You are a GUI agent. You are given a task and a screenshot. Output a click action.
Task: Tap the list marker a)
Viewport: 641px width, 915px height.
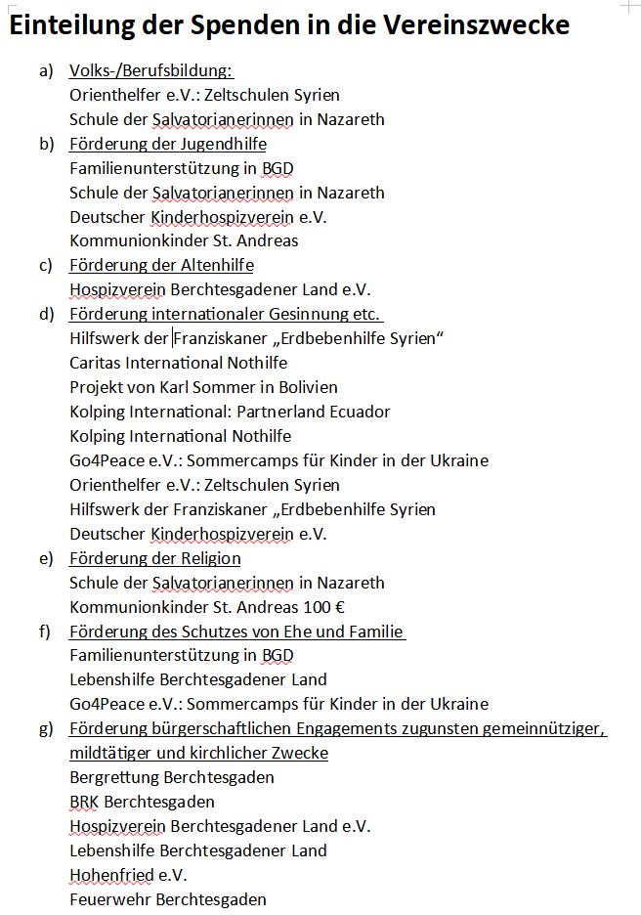[46, 71]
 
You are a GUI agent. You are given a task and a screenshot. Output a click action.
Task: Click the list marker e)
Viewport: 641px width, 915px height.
[46, 558]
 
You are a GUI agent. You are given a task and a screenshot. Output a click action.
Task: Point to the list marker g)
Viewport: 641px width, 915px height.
[46, 729]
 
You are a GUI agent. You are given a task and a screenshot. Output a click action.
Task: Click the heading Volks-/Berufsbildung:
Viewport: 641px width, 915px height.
[151, 71]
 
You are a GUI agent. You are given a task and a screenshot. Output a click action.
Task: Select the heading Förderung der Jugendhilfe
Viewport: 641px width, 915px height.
[167, 145]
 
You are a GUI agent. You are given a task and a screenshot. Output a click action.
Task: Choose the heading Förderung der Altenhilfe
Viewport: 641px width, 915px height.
[161, 266]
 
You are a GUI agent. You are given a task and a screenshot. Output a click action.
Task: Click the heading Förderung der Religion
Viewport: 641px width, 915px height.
[154, 558]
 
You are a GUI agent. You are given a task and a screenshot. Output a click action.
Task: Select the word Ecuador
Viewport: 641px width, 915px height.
[361, 413]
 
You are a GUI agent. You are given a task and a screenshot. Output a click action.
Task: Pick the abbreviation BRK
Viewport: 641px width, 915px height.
[84, 803]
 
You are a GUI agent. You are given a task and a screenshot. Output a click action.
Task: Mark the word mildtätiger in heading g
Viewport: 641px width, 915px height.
[110, 754]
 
